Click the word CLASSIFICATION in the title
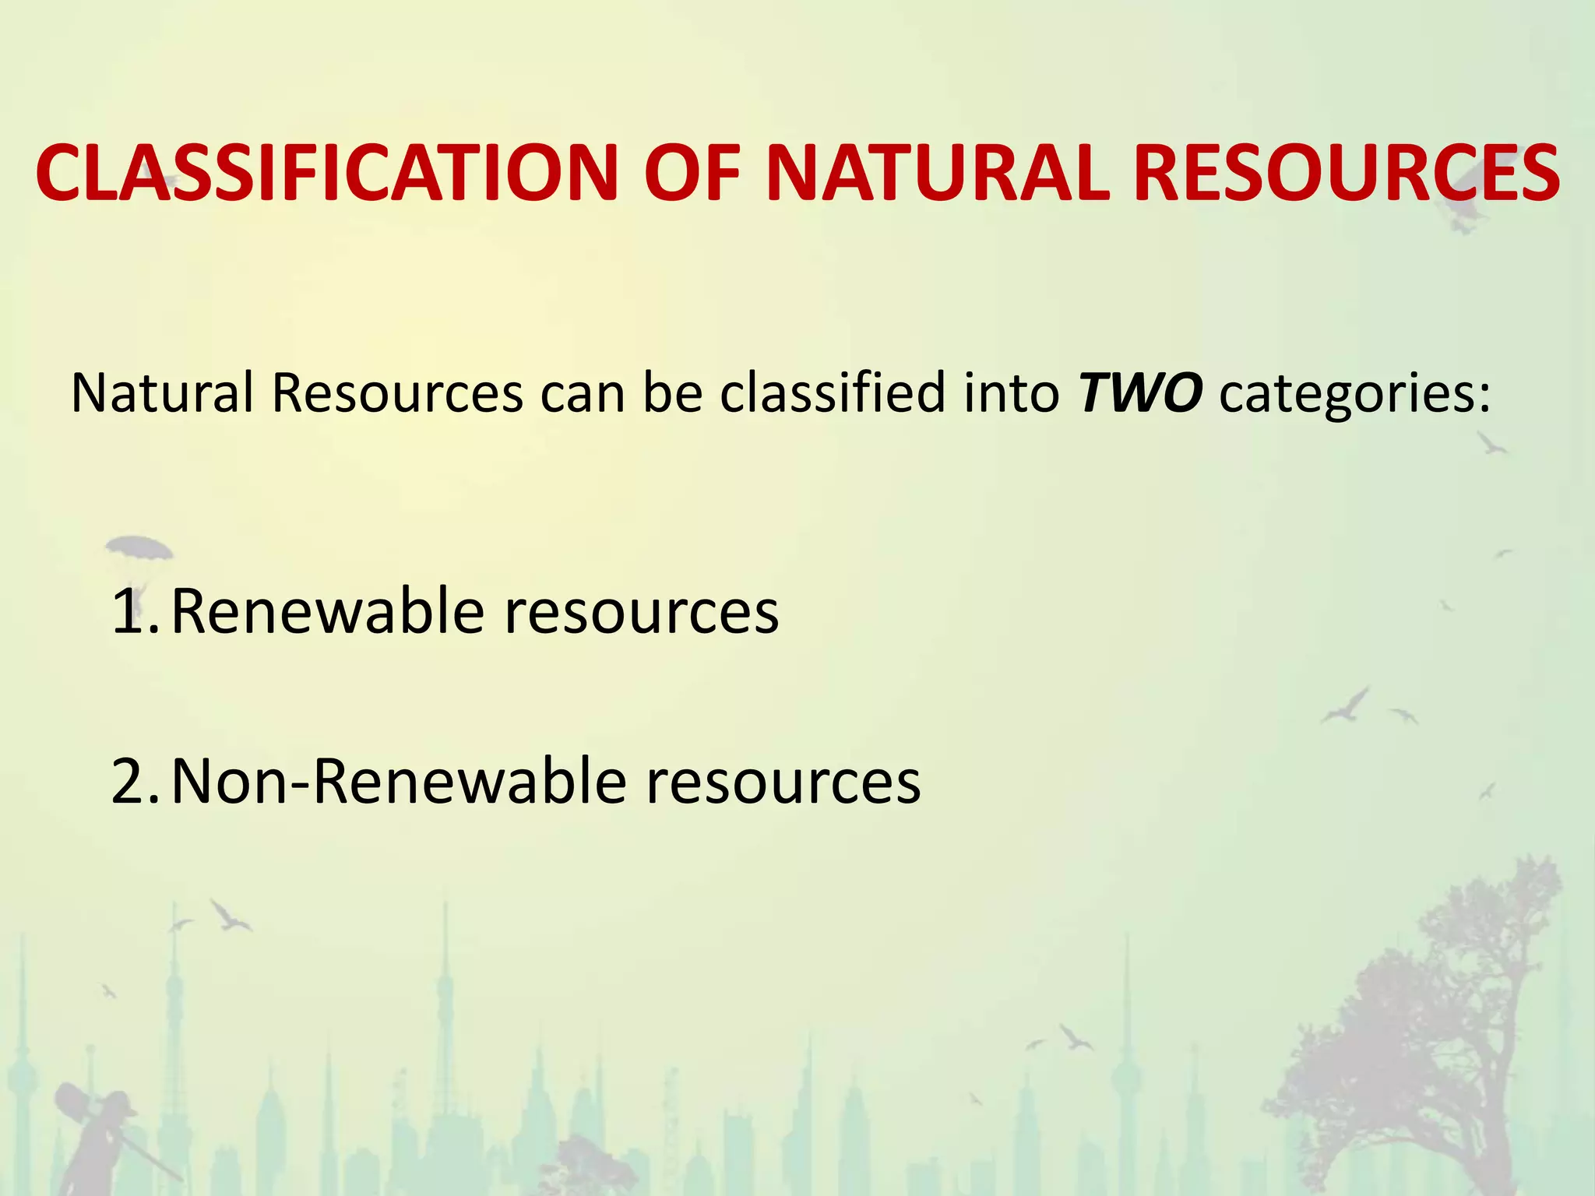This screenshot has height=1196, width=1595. tap(327, 173)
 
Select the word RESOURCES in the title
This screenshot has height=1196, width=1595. tap(1346, 173)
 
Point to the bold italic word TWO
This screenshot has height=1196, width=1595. tap(1139, 392)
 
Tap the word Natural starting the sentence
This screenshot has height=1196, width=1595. tap(162, 392)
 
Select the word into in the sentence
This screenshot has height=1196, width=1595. tap(1011, 392)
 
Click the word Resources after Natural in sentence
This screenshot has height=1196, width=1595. tap(397, 392)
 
